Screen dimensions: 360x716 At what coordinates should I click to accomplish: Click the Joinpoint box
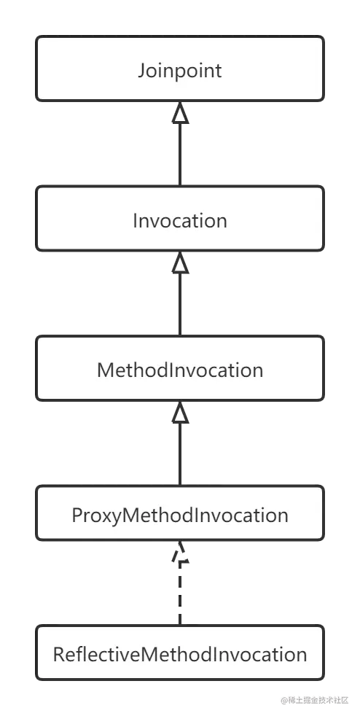coord(180,69)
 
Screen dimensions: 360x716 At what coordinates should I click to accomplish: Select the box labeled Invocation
coord(180,218)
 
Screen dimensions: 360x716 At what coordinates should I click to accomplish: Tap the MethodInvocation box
coord(180,368)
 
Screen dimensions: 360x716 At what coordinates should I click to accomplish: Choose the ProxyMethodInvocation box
coord(180,513)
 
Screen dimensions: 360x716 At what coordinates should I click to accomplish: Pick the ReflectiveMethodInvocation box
coord(180,653)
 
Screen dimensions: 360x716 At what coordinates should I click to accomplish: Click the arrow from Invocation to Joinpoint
coord(180,144)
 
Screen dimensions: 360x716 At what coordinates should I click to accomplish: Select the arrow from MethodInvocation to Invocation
coord(180,293)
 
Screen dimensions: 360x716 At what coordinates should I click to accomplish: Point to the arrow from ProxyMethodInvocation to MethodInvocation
coord(180,443)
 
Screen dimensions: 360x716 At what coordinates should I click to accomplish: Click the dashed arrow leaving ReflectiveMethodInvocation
coord(180,583)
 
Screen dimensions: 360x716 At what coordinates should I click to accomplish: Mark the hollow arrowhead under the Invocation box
coord(180,262)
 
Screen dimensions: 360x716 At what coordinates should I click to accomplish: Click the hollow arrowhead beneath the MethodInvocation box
coord(180,412)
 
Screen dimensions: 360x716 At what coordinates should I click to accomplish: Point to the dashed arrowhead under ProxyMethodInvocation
coord(180,551)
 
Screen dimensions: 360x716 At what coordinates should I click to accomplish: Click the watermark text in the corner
coord(315,700)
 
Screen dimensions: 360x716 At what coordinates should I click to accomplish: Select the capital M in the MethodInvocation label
coord(106,370)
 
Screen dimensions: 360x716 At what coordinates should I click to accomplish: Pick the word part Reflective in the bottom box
coord(95,654)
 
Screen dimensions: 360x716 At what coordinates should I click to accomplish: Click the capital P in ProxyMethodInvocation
coord(77,515)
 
